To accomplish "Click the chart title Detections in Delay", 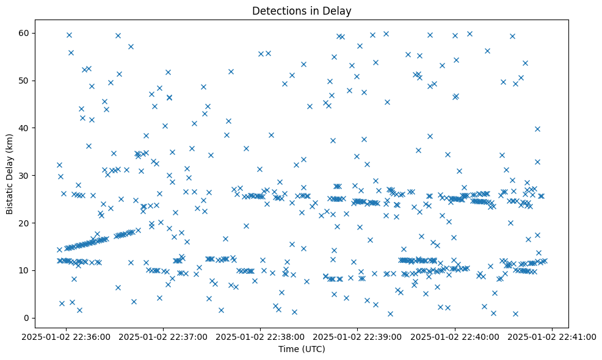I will pyautogui.click(x=302, y=10).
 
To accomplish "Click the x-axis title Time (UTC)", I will pyautogui.click(x=302, y=349).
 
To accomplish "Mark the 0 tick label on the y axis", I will pyautogui.click(x=28, y=318).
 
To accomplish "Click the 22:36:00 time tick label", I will pyautogui.click(x=67, y=336).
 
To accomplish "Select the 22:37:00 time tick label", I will pyautogui.click(x=164, y=336).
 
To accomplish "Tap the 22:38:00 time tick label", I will pyautogui.click(x=261, y=336).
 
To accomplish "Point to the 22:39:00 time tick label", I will pyautogui.click(x=358, y=336).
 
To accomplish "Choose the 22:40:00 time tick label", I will pyautogui.click(x=455, y=336).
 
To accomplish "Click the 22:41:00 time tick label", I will pyautogui.click(x=552, y=336).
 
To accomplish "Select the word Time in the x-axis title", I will pyautogui.click(x=289, y=349).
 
